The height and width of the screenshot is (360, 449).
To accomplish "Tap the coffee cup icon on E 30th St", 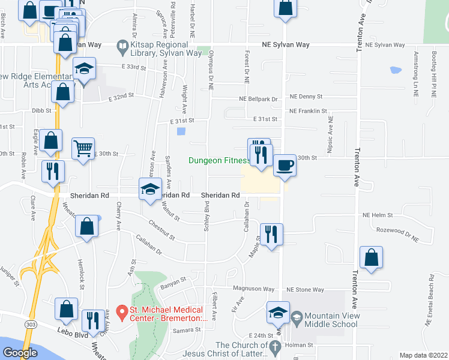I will pos(285,164).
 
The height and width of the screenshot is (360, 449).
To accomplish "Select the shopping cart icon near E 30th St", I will pos(83,148).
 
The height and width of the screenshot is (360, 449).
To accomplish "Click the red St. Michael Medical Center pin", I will pos(121,311).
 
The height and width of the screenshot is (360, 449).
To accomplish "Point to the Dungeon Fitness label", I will pos(219,160).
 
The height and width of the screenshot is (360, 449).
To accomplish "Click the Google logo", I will pos(20,353).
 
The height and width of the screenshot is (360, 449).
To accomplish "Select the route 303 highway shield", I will pos(31,323).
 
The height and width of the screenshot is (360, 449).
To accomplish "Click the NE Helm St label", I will pos(377,215).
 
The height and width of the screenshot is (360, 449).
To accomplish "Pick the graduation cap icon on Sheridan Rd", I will pos(150,190).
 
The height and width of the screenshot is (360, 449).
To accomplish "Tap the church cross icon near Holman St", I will pos(275,346).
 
